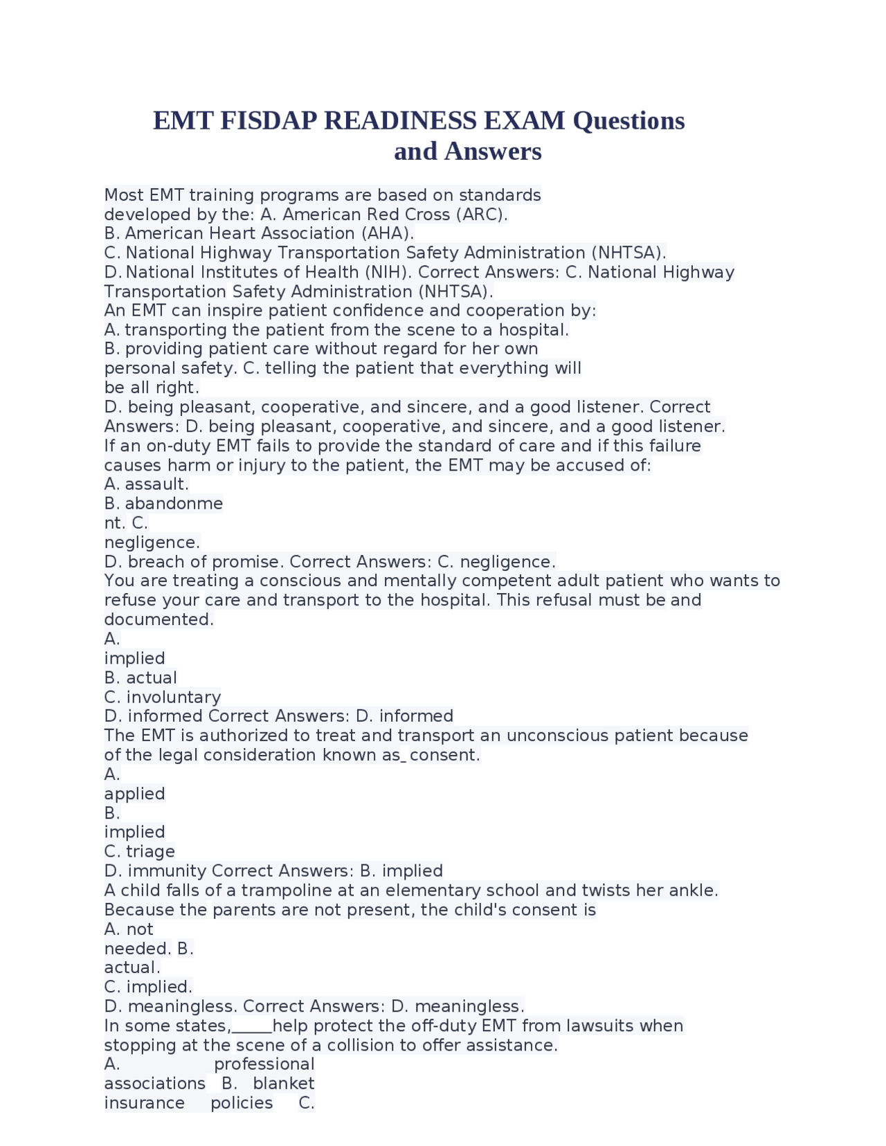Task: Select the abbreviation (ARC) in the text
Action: tap(482, 215)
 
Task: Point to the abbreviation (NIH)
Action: tap(397, 273)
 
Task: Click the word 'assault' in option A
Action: tap(156, 484)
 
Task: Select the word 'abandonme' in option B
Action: tap(174, 504)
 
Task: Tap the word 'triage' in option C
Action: tap(150, 852)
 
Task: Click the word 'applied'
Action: tap(134, 794)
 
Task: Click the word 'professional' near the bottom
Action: tap(264, 1064)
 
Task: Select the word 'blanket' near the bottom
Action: tap(283, 1084)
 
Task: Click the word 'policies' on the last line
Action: tap(242, 1103)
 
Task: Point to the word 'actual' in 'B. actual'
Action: tap(151, 678)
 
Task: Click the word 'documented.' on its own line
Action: tap(159, 620)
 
